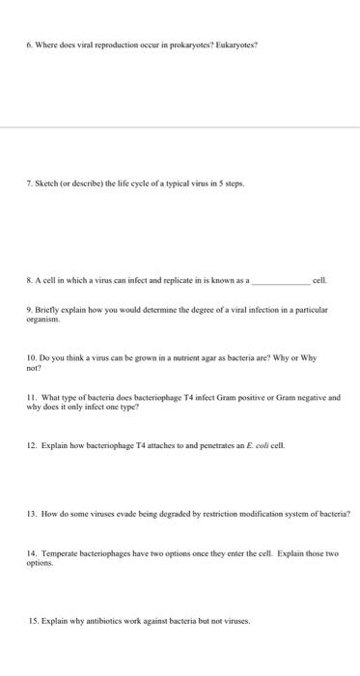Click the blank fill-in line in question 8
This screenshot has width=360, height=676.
[x=281, y=281]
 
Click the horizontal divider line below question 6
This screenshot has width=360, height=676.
[x=180, y=126]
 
